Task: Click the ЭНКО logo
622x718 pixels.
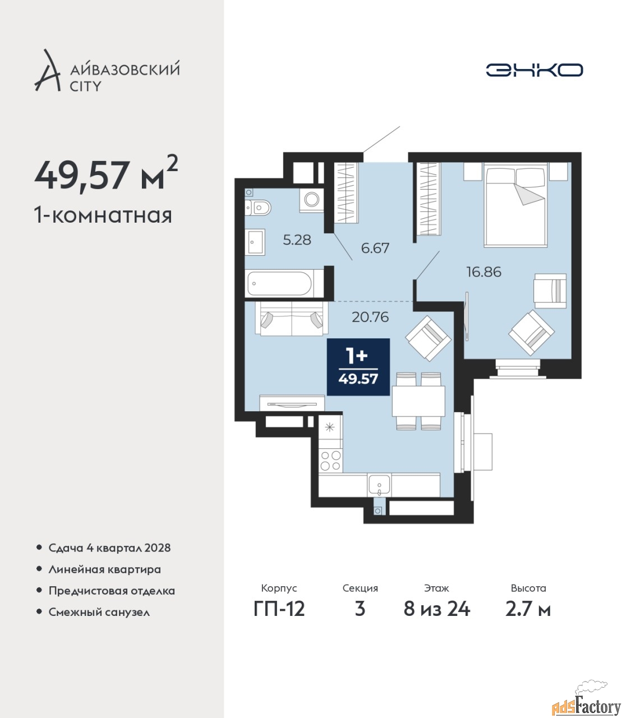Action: pos(534,70)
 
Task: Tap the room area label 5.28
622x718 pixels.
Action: pos(297,240)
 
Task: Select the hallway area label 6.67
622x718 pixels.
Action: pos(375,248)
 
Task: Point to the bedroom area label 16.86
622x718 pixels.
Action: pos(484,271)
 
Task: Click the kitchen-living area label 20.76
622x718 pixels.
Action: pos(370,317)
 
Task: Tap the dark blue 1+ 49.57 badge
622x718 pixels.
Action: pos(358,367)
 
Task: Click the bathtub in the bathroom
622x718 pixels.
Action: pos(279,283)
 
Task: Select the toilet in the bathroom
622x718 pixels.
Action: pos(257,208)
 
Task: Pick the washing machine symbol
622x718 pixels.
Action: pos(312,199)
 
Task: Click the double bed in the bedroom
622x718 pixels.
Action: pos(516,205)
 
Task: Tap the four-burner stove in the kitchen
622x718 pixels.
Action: pos(330,460)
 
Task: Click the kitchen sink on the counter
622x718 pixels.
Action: pos(379,485)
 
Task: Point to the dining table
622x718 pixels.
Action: pos(418,401)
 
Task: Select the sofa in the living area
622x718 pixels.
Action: pos(291,319)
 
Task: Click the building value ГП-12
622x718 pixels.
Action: pos(279,609)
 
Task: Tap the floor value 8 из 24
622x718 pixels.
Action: pos(436,609)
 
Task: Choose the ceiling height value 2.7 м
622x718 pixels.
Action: pos(528,609)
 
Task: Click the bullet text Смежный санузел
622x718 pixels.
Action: pos(99,612)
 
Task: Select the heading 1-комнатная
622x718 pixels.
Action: pos(103,215)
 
